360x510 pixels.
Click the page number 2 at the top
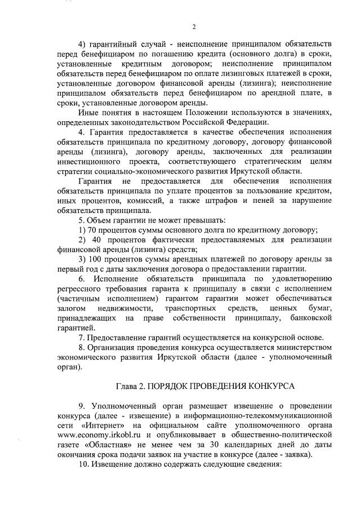click(193, 26)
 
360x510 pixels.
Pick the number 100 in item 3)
click(97, 259)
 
